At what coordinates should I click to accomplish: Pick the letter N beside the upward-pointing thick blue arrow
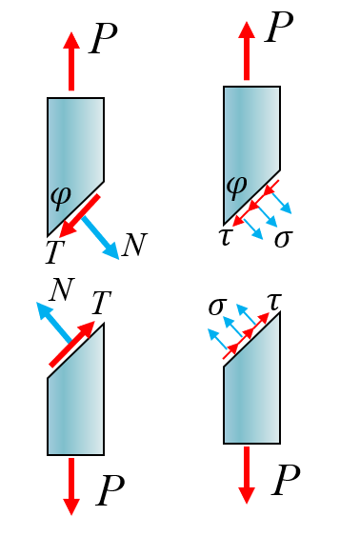(x=62, y=289)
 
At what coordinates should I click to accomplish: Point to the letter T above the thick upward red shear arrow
(x=102, y=302)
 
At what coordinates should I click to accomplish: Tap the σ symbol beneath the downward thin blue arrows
(x=284, y=239)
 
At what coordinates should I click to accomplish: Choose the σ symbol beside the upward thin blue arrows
(x=217, y=307)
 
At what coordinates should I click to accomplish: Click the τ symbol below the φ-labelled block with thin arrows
(x=226, y=237)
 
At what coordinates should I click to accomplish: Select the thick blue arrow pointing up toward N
(x=53, y=322)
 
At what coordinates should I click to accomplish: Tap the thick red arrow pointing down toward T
(x=79, y=216)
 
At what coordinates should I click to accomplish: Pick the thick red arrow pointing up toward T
(x=72, y=344)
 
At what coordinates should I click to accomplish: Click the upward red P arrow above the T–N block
(x=71, y=62)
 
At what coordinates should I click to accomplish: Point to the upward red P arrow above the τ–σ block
(x=247, y=50)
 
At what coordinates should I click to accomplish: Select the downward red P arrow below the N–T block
(x=71, y=486)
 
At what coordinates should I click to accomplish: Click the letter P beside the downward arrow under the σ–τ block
(x=286, y=480)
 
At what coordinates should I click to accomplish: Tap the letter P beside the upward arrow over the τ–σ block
(x=279, y=27)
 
